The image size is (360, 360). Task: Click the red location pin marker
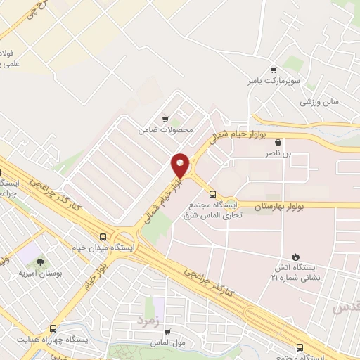click(x=181, y=165)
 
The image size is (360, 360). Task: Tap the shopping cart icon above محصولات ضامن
click(x=165, y=119)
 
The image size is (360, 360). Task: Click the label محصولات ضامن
click(x=156, y=129)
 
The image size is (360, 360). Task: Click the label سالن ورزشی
click(x=320, y=101)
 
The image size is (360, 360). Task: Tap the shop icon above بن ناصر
click(x=278, y=141)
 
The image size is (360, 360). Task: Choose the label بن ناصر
click(x=276, y=152)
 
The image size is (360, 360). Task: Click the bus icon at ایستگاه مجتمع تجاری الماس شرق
click(x=212, y=193)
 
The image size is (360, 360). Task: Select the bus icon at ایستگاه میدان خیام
click(x=104, y=237)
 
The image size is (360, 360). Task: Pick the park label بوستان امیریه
click(x=40, y=273)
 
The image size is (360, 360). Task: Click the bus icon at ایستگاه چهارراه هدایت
click(x=53, y=328)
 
